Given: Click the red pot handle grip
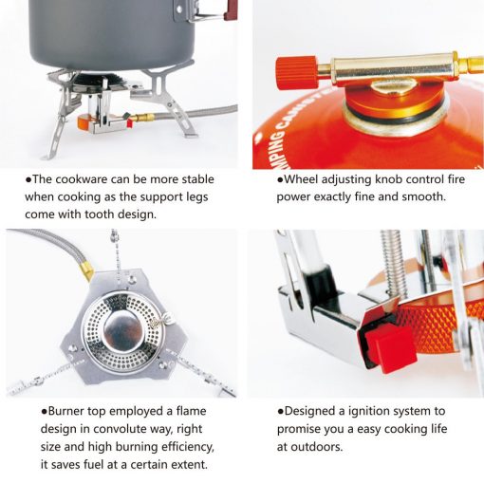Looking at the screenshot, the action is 231,9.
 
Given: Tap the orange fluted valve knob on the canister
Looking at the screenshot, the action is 296,72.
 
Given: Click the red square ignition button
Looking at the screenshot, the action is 392,348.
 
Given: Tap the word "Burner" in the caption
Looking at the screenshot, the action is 65,411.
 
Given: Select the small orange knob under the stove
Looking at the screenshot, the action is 84,122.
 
